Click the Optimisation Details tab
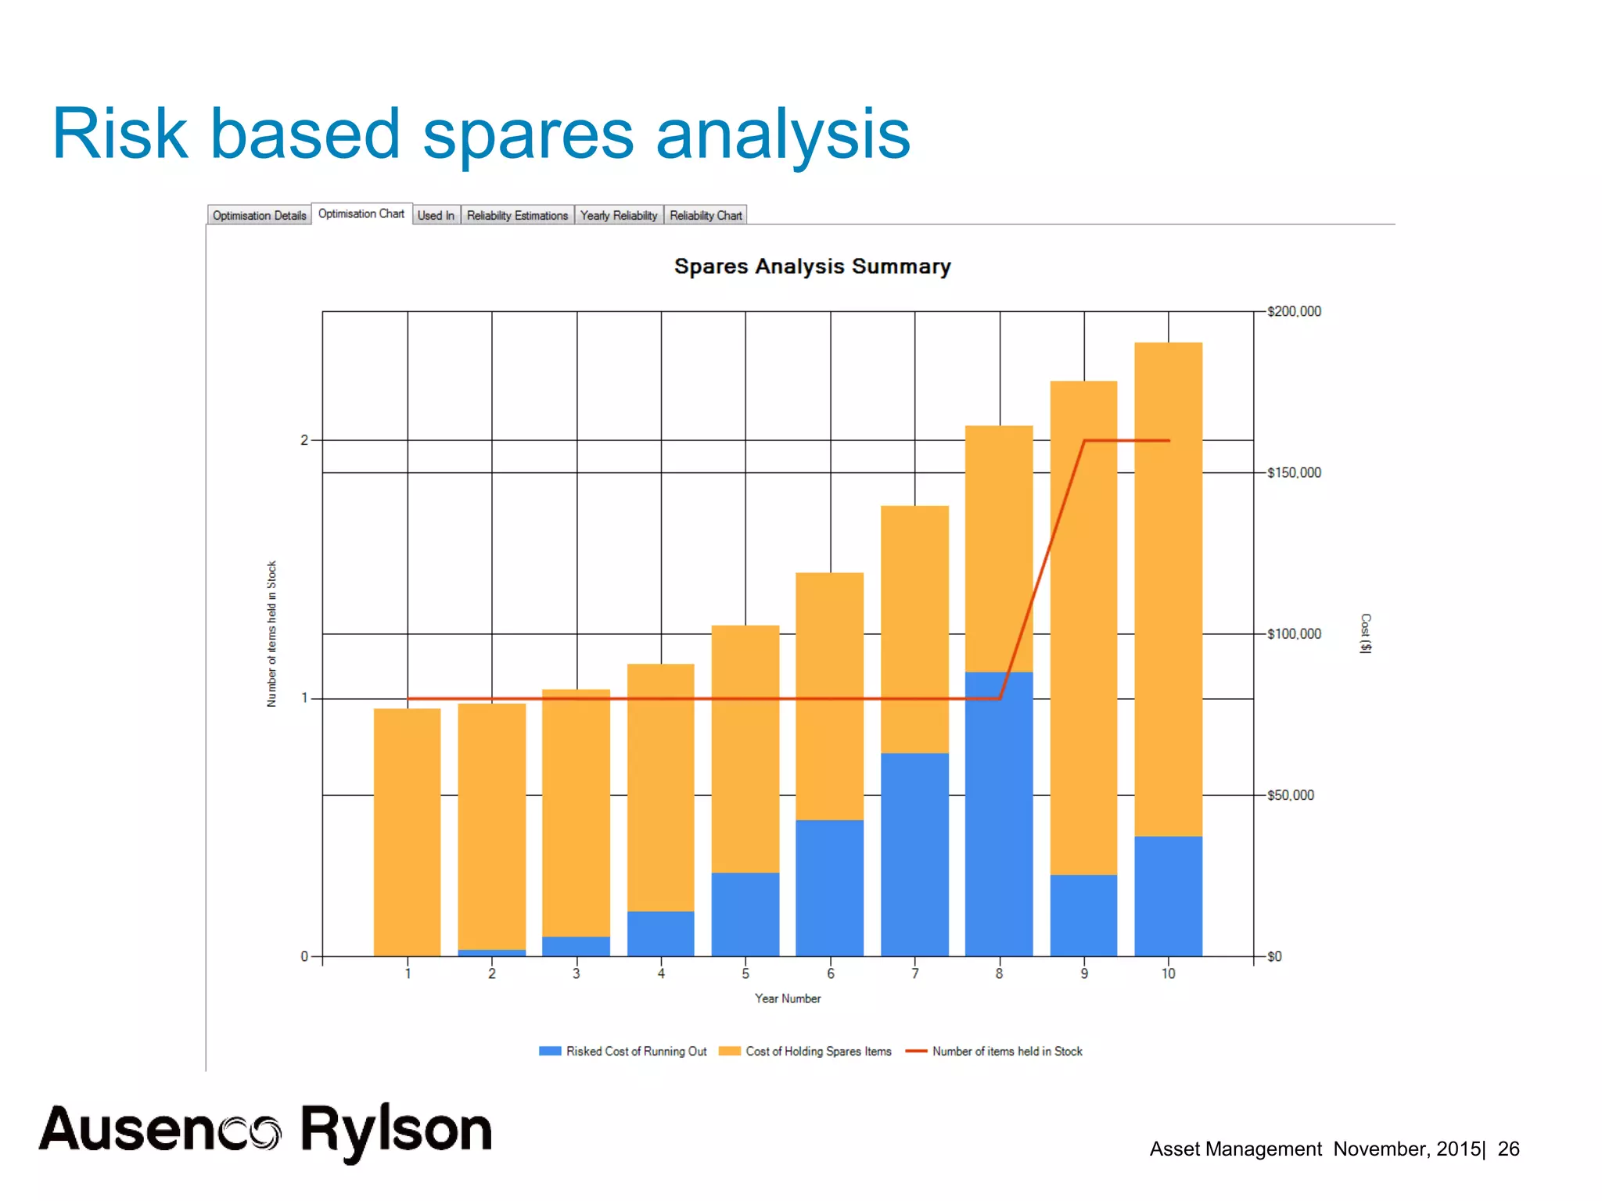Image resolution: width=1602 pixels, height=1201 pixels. point(259,215)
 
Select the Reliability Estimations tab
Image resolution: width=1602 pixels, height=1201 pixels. point(517,215)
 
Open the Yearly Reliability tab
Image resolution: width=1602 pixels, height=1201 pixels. point(619,215)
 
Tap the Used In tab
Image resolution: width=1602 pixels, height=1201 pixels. point(436,215)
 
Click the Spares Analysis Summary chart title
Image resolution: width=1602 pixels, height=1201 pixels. point(812,267)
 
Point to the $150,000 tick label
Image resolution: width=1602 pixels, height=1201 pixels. point(1294,473)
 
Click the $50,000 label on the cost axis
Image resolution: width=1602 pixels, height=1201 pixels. point(1290,795)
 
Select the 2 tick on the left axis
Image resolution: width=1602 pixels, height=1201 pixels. point(304,440)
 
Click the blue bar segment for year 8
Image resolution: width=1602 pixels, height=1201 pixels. point(999,813)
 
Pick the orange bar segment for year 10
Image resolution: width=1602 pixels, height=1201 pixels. point(1168,586)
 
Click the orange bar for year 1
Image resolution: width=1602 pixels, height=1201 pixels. point(407,832)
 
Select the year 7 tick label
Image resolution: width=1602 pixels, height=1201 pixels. point(914,973)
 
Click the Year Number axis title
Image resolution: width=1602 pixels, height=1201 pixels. point(788,998)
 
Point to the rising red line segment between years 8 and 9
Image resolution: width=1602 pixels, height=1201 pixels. point(1042,569)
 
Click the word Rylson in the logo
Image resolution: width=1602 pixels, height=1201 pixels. point(397,1131)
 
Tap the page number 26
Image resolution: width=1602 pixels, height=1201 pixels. point(1508,1149)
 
